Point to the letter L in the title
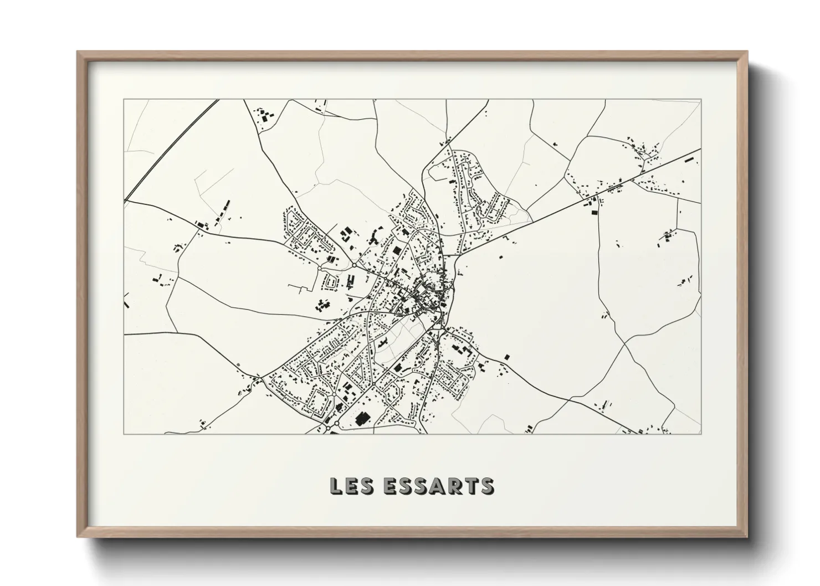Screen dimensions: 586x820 (x=336, y=486)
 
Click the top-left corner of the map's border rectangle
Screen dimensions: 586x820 (x=124, y=100)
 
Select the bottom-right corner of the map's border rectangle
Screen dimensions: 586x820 (x=701, y=434)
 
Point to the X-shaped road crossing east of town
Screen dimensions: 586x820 (x=625, y=344)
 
